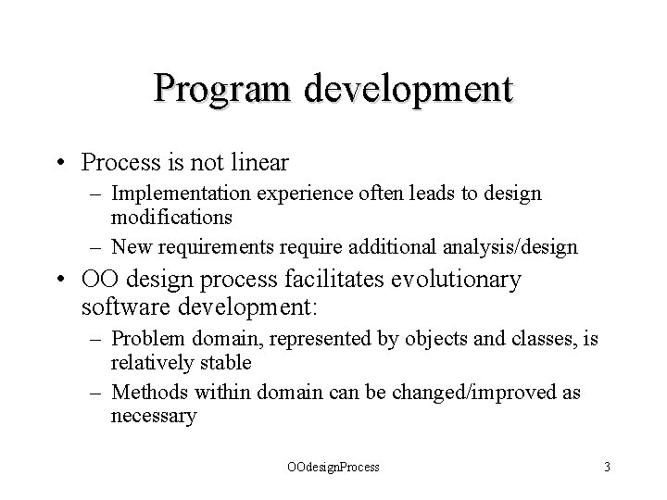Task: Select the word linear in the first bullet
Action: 256,163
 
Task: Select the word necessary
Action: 154,416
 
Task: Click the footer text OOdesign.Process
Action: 333,467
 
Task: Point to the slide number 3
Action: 606,467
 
